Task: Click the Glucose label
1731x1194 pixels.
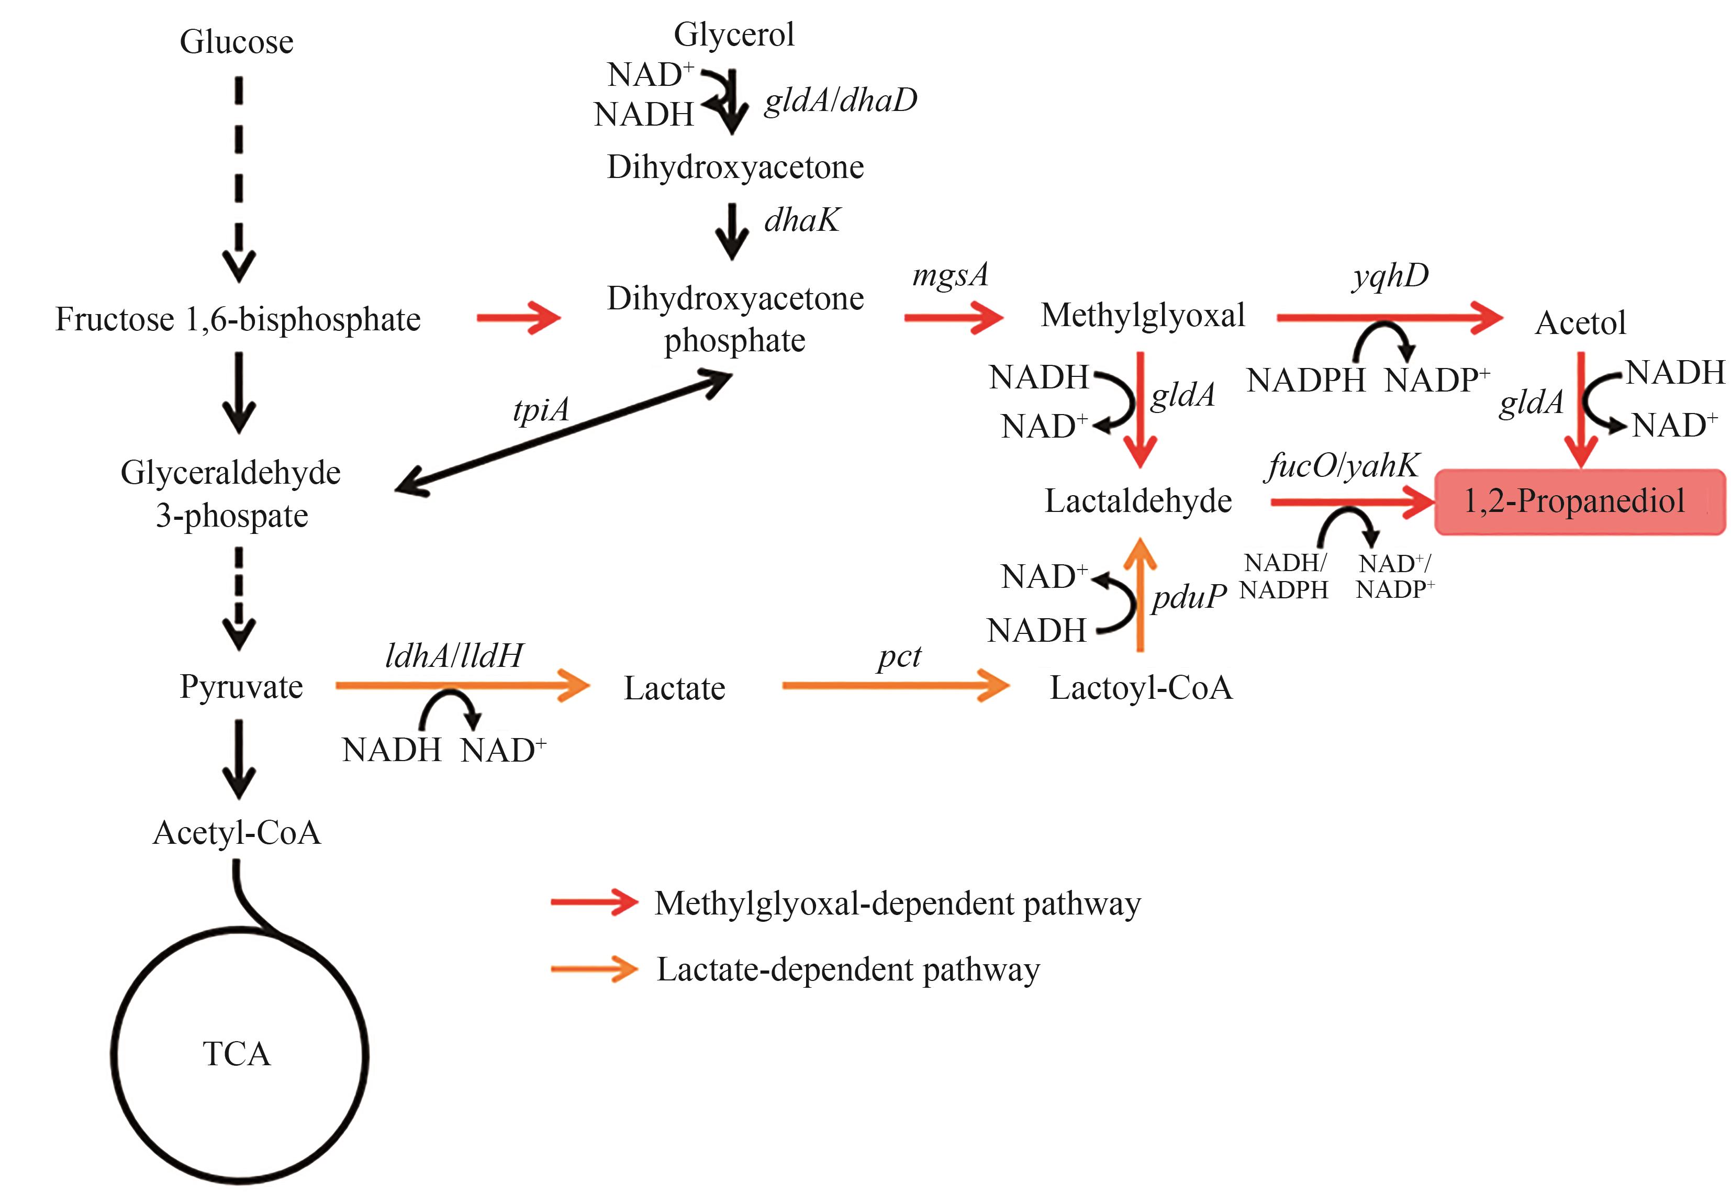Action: [237, 42]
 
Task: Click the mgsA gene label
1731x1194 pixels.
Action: [950, 275]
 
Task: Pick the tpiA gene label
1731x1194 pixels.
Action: [541, 410]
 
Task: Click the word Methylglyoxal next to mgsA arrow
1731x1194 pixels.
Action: [1142, 315]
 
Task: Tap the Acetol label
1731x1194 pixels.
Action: [1580, 323]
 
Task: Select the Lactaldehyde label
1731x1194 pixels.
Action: [1138, 501]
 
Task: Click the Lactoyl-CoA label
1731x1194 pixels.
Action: [1141, 687]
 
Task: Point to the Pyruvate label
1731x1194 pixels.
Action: [241, 687]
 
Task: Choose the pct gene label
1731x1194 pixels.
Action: [899, 657]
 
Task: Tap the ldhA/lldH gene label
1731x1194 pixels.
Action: [454, 656]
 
